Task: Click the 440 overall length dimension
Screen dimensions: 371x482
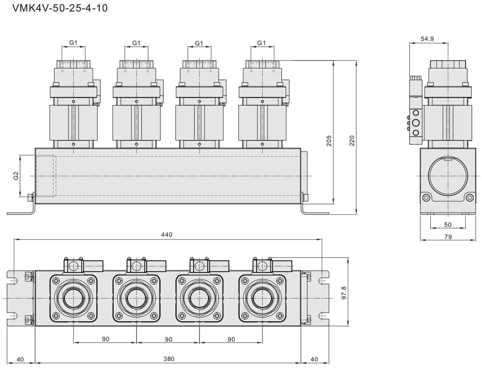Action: tap(167, 234)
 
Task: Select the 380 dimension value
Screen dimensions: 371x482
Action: tap(169, 359)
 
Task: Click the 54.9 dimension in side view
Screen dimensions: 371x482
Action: tap(427, 39)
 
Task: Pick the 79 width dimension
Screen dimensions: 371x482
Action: tap(448, 237)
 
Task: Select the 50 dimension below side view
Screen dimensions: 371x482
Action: tap(448, 225)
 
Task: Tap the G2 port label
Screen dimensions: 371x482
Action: tap(16, 175)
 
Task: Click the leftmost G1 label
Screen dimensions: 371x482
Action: tap(73, 43)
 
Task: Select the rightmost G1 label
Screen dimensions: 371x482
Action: tap(262, 43)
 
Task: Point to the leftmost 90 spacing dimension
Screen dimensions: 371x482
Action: tap(105, 339)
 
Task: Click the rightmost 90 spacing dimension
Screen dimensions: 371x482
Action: tap(231, 339)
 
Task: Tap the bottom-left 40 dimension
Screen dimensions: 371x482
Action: tap(21, 359)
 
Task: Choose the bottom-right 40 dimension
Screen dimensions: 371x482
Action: tap(314, 359)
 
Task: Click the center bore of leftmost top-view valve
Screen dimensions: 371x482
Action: tap(73, 298)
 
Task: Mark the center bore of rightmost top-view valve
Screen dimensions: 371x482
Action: tap(262, 298)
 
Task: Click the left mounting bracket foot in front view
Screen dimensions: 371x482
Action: tap(20, 212)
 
